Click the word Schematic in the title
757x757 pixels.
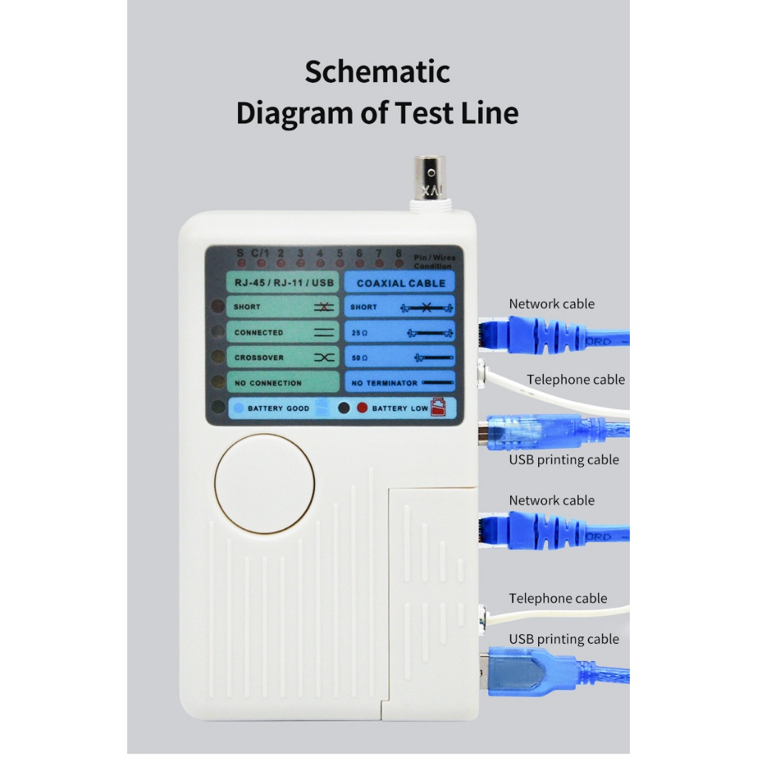[377, 72]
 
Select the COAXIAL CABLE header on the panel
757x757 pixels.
[401, 283]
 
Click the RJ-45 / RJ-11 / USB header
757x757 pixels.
[284, 283]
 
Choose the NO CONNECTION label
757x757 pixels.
[268, 383]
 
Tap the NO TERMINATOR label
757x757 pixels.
[384, 383]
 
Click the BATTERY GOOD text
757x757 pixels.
[279, 408]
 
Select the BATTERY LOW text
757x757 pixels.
[400, 408]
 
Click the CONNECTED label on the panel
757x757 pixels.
[259, 333]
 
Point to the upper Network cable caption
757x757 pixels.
[551, 304]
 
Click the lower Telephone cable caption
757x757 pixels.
[557, 598]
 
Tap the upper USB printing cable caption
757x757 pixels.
[563, 460]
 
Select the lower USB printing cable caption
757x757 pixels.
[563, 639]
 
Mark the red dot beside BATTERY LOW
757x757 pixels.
[362, 407]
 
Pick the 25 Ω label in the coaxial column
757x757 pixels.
[359, 333]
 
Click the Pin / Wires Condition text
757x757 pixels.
[434, 262]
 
